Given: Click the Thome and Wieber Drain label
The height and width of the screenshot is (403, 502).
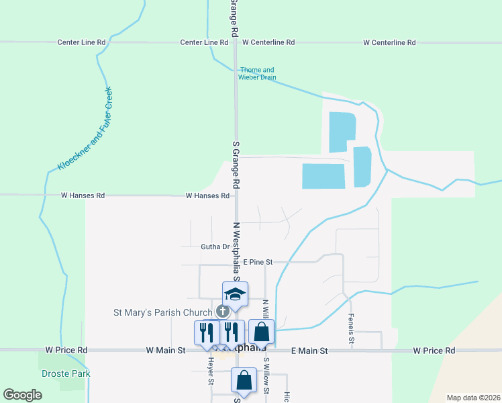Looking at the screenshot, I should tap(257, 73).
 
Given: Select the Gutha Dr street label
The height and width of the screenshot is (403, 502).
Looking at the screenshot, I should tap(215, 247).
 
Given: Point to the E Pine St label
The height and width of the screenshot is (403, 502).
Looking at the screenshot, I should tap(258, 262).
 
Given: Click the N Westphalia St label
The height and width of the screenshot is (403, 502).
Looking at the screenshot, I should tap(236, 251).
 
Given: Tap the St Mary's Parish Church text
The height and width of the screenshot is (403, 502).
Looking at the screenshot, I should tap(164, 312).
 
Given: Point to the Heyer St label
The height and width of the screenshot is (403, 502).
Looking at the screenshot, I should tap(210, 371).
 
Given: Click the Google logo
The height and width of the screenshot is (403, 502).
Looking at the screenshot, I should tap(23, 395).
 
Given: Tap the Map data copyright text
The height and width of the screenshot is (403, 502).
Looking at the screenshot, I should tap(473, 398).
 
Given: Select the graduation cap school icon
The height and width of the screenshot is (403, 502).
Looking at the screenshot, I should tap(235, 294).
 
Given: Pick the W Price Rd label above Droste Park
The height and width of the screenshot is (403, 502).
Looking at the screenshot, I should tap(66, 351).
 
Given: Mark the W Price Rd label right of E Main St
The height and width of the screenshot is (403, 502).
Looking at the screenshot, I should tap(434, 351).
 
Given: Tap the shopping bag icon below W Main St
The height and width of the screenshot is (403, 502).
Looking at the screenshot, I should tap(244, 379).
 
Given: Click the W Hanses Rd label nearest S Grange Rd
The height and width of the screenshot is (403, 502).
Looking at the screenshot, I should tap(207, 196).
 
